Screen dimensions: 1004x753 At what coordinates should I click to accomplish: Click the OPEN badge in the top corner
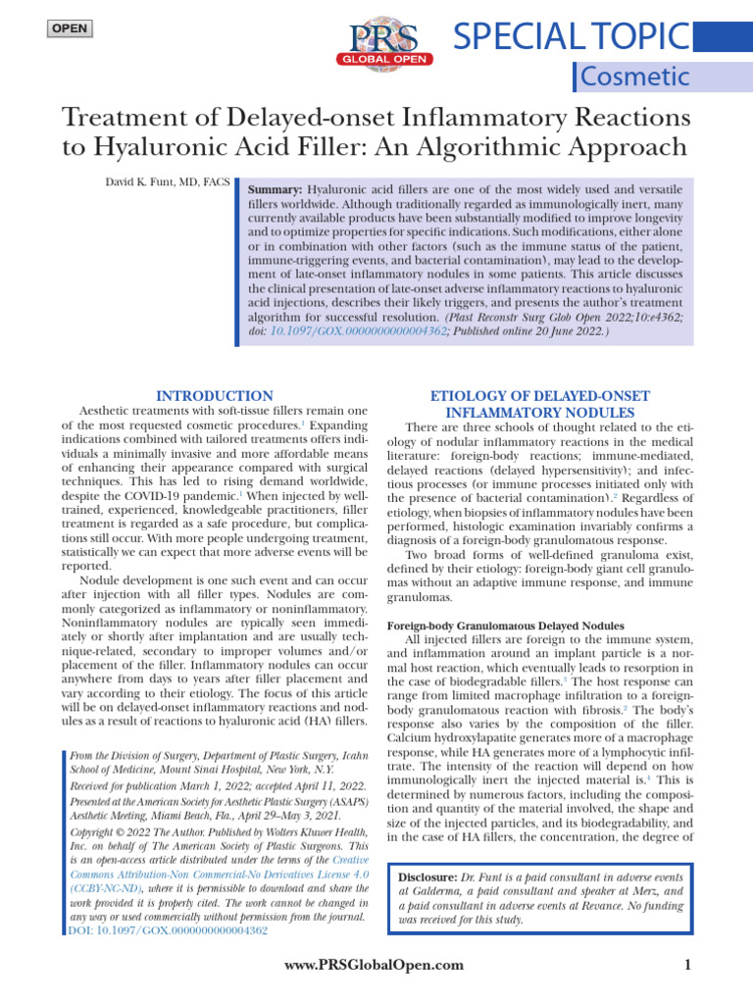click(x=69, y=28)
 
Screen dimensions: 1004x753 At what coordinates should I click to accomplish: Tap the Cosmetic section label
click(x=635, y=76)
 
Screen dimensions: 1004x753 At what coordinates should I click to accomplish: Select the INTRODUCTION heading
click(x=216, y=395)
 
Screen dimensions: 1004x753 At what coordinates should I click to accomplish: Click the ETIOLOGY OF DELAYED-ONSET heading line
click(x=540, y=395)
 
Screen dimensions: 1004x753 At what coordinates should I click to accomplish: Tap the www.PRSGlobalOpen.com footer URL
click(x=374, y=965)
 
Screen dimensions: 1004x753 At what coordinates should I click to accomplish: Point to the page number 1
click(x=687, y=965)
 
